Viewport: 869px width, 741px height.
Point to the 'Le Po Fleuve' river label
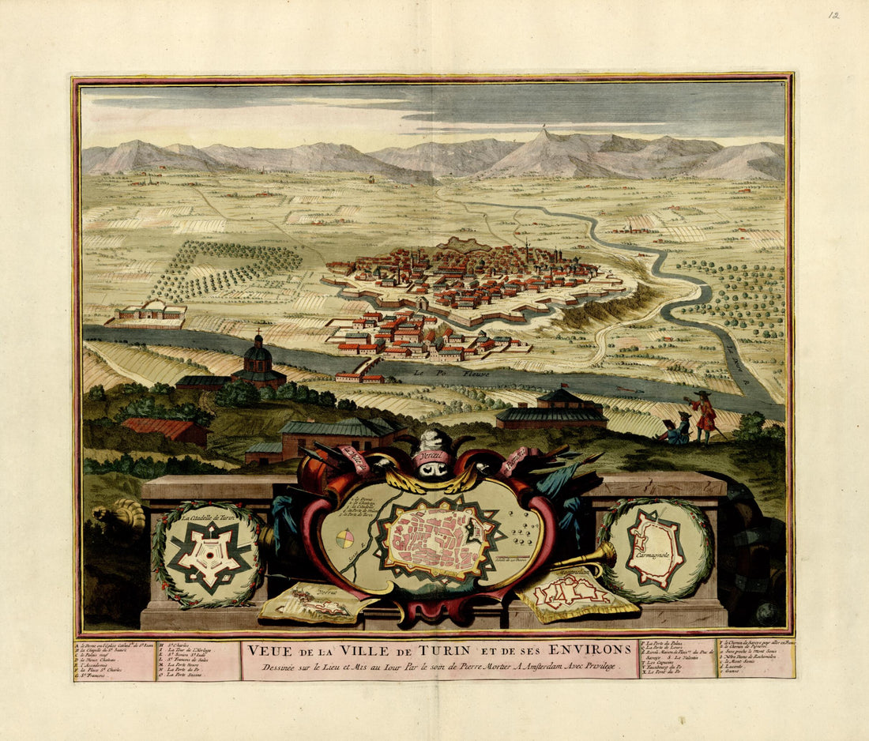pos(431,368)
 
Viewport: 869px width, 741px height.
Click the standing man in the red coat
pos(703,414)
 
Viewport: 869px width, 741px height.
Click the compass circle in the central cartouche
pos(345,540)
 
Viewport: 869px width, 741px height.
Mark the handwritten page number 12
pos(833,14)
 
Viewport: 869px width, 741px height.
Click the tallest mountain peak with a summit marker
pos(543,134)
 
